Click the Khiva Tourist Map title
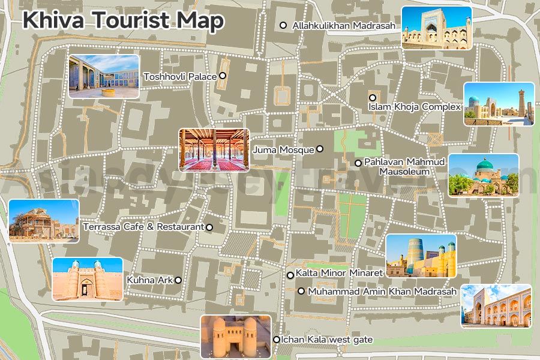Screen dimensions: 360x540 click(123, 20)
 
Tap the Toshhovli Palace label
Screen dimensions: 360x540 click(180, 77)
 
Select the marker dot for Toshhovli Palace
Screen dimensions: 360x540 click(222, 76)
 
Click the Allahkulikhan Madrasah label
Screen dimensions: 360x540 click(344, 26)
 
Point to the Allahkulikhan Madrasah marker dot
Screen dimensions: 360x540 click(283, 25)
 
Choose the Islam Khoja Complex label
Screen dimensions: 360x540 click(415, 107)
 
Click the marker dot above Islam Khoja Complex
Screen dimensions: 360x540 click(373, 97)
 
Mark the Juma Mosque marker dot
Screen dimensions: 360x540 click(320, 149)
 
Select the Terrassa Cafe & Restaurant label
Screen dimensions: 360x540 click(144, 227)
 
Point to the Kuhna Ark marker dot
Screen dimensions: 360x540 click(178, 280)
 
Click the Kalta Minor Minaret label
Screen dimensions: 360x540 click(339, 273)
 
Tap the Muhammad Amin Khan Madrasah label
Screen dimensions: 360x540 click(382, 292)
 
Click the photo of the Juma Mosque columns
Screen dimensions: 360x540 click(214, 150)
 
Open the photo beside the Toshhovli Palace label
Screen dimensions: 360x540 click(104, 76)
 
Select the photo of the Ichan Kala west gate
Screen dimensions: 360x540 click(235, 337)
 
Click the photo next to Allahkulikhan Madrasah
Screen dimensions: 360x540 click(436, 28)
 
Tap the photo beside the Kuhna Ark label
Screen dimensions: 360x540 click(88, 279)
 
